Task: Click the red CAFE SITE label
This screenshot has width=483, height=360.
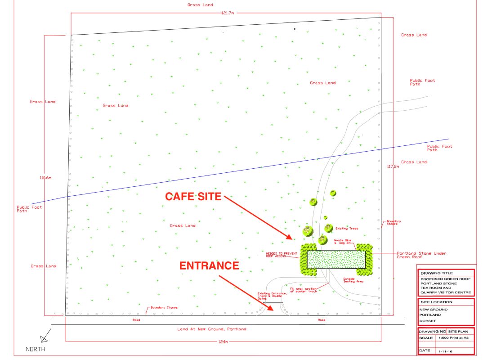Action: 193,197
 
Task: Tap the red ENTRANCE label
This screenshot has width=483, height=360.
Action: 209,265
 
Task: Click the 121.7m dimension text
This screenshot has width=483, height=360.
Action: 228,13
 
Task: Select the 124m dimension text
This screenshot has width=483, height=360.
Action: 223,342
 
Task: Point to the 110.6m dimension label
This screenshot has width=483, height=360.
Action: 45,178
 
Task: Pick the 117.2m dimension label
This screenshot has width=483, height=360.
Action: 393,166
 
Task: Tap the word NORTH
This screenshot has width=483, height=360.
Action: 36,349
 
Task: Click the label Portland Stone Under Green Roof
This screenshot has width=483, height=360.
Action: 421,255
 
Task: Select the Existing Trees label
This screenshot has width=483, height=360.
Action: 347,229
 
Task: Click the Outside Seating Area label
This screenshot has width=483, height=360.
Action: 353,280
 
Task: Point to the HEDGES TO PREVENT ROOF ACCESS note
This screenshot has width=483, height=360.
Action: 282,255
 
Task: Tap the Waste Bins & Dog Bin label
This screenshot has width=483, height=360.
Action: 343,242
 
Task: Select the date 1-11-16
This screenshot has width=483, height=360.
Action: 445,351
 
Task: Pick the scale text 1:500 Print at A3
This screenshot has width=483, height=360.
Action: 453,338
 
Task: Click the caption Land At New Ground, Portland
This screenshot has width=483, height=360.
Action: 212,329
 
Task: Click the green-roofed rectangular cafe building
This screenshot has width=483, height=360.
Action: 336,259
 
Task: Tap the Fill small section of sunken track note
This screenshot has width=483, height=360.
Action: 304,290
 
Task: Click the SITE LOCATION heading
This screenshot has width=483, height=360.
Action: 437,302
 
